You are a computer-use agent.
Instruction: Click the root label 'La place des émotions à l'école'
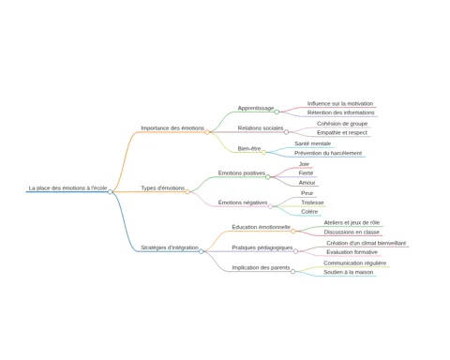[x=67, y=188]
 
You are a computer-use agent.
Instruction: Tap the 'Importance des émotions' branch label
[x=172, y=128]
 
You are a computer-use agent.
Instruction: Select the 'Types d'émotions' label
[x=162, y=188]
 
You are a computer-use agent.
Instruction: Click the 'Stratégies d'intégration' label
[x=170, y=247]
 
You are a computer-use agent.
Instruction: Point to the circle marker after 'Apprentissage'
[x=277, y=112]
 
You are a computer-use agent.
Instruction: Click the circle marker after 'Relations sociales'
[x=286, y=132]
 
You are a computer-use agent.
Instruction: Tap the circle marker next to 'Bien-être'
[x=263, y=152]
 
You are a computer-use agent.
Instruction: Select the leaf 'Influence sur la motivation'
[x=340, y=103]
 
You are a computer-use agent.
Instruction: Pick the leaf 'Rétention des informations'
[x=340, y=112]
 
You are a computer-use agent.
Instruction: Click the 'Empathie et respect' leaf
[x=342, y=132]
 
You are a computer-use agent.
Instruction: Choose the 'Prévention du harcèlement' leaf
[x=328, y=153]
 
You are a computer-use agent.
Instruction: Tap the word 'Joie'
[x=304, y=164]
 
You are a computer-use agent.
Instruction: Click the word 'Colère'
[x=309, y=212]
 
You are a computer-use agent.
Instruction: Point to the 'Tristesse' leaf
[x=312, y=202]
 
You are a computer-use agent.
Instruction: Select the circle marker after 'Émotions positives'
[x=268, y=177]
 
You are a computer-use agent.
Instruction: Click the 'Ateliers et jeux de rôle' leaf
[x=352, y=222]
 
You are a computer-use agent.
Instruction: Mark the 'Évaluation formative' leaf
[x=352, y=252]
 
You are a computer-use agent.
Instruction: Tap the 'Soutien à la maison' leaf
[x=349, y=272]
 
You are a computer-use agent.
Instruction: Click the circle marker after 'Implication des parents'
[x=292, y=272]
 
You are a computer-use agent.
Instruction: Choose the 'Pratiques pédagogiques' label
[x=262, y=247]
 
